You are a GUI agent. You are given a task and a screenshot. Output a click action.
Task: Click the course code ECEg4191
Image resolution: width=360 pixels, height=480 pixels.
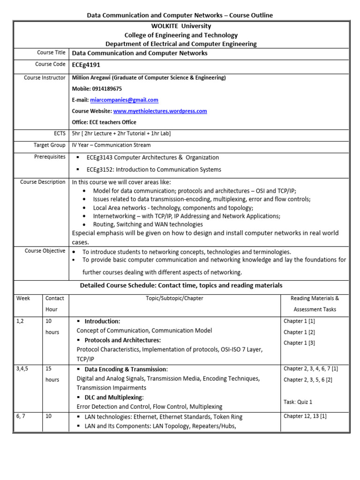(x=86, y=65)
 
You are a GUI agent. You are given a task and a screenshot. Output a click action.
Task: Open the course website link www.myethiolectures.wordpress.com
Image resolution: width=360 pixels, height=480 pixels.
(x=160, y=111)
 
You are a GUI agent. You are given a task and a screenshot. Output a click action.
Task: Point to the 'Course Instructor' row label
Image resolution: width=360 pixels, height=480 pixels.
(x=45, y=78)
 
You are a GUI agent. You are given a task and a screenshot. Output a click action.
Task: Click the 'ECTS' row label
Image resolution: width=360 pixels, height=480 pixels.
(x=60, y=134)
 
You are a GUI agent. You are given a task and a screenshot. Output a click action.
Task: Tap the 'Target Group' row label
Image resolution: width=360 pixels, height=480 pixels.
(x=49, y=145)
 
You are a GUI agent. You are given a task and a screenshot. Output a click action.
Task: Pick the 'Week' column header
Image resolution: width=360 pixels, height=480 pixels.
(x=23, y=298)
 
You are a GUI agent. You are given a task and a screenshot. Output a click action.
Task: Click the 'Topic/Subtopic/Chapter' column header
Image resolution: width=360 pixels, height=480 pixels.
(x=174, y=298)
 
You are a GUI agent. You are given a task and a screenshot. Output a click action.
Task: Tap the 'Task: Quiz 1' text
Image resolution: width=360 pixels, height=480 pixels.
(x=298, y=402)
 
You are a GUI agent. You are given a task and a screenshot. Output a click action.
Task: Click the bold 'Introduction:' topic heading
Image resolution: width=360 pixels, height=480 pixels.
(x=102, y=322)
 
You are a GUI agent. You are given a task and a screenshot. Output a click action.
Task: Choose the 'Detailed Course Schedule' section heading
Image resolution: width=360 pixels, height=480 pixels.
(x=181, y=285)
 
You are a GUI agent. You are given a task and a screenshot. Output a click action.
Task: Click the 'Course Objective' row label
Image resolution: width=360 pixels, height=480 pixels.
(x=45, y=251)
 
